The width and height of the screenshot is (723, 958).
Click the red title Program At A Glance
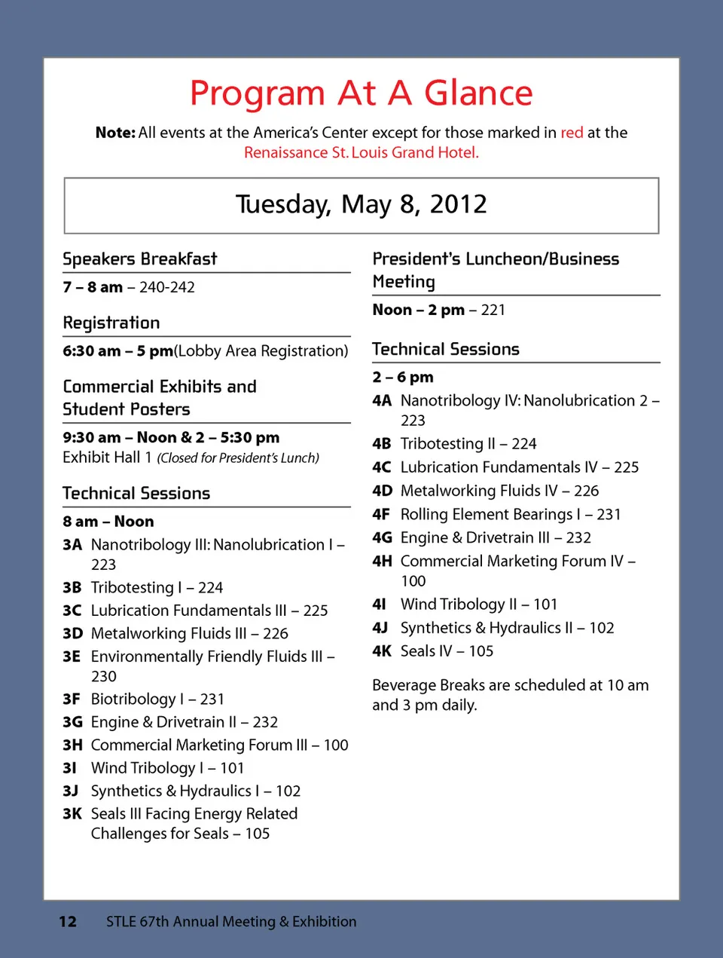click(x=361, y=93)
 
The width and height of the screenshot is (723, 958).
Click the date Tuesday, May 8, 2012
click(x=361, y=204)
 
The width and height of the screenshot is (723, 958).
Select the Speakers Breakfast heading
click(x=140, y=259)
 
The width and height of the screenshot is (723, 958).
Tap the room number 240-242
click(x=167, y=287)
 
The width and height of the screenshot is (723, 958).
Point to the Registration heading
click(x=111, y=323)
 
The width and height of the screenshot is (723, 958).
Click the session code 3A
click(x=72, y=544)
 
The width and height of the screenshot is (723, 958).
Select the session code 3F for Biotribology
click(x=72, y=699)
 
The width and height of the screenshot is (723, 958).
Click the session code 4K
click(x=382, y=651)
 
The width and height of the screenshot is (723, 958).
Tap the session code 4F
click(x=381, y=514)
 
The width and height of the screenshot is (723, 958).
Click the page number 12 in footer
click(x=68, y=921)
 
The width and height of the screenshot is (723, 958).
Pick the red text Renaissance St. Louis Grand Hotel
click(x=361, y=152)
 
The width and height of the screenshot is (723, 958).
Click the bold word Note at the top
click(x=115, y=133)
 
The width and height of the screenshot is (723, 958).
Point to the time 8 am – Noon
click(x=108, y=522)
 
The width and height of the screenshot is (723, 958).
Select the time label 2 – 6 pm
click(x=403, y=377)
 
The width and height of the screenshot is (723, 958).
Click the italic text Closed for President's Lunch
click(x=238, y=458)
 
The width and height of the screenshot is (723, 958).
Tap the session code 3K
click(x=72, y=814)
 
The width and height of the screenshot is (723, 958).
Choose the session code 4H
click(x=382, y=561)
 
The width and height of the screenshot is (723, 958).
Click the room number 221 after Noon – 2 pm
click(x=493, y=310)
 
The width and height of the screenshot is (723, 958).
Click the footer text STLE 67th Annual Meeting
click(x=231, y=921)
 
